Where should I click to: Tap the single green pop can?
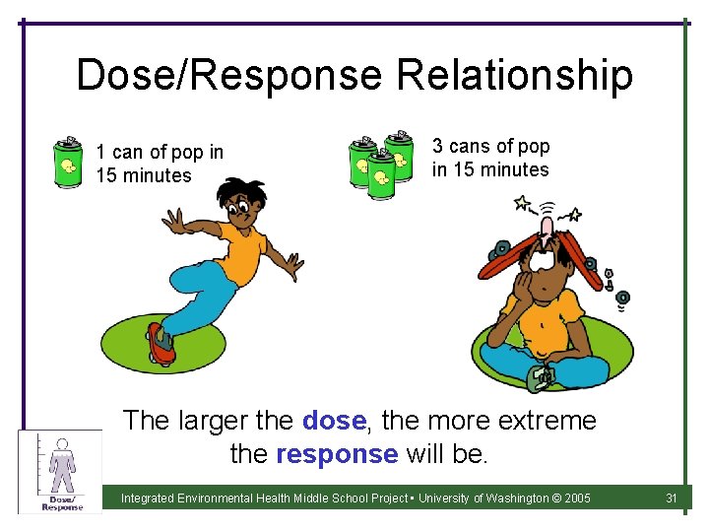[67, 162]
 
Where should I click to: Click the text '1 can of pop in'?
[160, 153]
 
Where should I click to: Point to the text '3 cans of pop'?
[490, 147]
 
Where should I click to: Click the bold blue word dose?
[334, 422]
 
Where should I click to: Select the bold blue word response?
[338, 454]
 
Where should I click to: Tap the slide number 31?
[672, 499]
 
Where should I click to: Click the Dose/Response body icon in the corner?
[61, 471]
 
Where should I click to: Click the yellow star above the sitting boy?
[521, 205]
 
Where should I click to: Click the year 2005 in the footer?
[575, 499]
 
